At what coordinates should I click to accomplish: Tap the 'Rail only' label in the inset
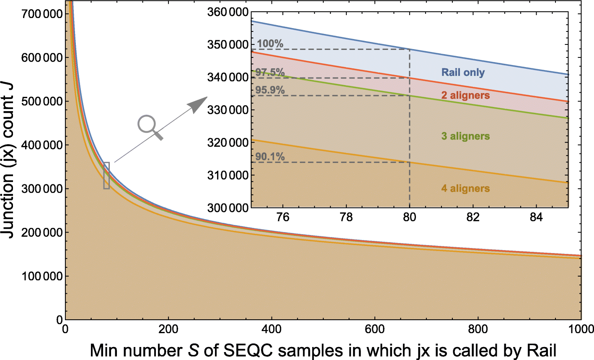463,73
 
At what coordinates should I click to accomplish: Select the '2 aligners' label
465,96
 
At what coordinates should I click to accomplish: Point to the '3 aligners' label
465,136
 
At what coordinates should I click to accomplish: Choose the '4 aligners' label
465,189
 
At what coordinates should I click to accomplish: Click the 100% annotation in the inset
270,44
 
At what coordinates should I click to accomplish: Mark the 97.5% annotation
270,73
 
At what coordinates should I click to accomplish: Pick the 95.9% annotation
270,90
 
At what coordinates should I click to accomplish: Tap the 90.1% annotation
270,157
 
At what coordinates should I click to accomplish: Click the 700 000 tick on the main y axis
41,14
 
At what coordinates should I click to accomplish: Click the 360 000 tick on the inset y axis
228,12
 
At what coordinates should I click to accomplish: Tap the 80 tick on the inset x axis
409,217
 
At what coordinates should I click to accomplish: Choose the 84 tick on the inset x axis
536,217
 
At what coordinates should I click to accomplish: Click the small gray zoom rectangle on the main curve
106,175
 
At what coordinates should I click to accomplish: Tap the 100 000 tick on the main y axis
41,276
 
